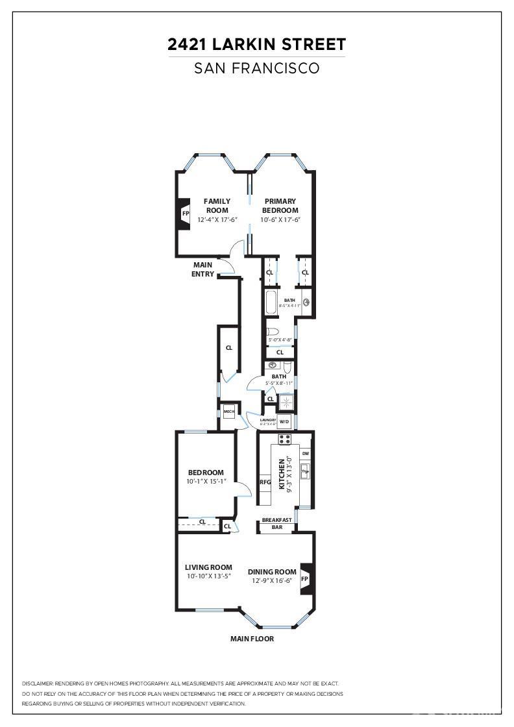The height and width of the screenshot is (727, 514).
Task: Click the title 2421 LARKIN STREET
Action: click(x=256, y=44)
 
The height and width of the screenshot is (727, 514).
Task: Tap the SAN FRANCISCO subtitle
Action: click(x=256, y=68)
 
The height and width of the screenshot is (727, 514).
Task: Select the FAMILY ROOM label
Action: click(x=217, y=206)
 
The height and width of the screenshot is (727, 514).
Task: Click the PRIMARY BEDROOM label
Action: click(x=280, y=206)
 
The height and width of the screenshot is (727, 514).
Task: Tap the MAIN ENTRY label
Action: click(x=202, y=269)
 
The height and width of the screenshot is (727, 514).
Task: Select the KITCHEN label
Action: click(x=282, y=474)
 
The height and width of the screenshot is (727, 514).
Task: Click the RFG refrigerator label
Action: click(x=265, y=482)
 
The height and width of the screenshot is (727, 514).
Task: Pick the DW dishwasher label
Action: click(x=305, y=453)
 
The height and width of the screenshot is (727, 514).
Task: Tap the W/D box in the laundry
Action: click(x=284, y=421)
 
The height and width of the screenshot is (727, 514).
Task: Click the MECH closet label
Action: click(x=228, y=412)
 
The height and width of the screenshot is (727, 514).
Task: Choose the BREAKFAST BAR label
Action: click(x=276, y=524)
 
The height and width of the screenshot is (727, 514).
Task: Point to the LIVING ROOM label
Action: click(x=208, y=567)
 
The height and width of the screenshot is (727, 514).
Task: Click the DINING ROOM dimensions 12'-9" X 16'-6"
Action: click(x=273, y=581)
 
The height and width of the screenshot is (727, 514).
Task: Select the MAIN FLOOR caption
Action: click(x=252, y=639)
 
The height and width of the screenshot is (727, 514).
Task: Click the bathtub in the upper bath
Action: click(x=271, y=302)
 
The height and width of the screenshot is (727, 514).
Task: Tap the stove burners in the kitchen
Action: click(x=284, y=439)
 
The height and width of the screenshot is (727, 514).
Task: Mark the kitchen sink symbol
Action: click(x=304, y=471)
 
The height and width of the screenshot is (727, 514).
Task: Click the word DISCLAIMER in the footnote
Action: click(x=37, y=684)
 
